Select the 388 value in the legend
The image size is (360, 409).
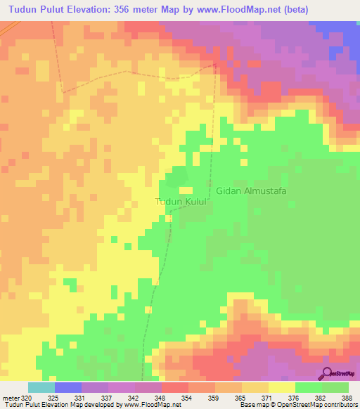pyautogui.click(x=347, y=397)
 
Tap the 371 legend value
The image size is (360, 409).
pyautogui.click(x=267, y=397)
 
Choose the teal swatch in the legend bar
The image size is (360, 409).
pyautogui.click(x=41, y=387)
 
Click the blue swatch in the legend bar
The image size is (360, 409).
pyautogui.click(x=68, y=387)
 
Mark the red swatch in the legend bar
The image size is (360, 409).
pyautogui.click(x=175, y=387)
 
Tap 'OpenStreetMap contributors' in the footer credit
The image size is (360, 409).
pyautogui.click(x=319, y=405)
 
